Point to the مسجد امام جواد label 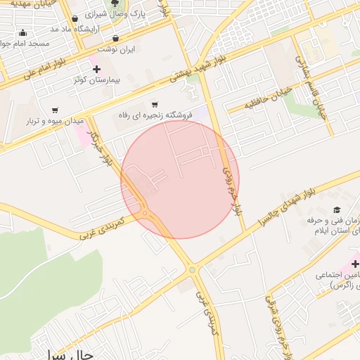tap(24, 44)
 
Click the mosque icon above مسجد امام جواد tap(23, 32)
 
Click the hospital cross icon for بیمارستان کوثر tap(96, 69)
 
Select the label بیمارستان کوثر tap(97, 79)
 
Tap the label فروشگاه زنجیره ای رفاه tap(155, 115)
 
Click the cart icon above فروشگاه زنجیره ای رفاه tap(155, 104)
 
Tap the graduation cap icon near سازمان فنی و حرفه tap(337, 210)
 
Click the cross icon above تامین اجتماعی tap(355, 263)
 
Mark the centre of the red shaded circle tap(180, 179)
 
